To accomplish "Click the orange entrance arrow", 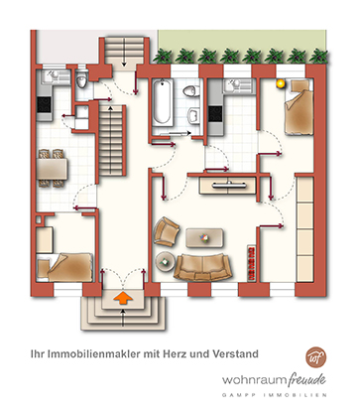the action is [x=123, y=298].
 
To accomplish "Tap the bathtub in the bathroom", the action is [x=163, y=102].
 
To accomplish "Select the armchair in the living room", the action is [x=166, y=231].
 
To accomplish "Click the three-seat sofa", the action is [x=202, y=267].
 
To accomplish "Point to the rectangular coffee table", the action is [x=204, y=238].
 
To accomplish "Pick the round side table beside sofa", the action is [x=166, y=262].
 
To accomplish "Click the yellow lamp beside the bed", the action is [x=281, y=84].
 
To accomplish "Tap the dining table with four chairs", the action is [x=52, y=169].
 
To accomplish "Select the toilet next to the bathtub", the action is [x=191, y=91].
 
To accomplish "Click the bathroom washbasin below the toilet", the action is [x=194, y=115].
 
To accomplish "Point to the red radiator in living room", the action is [x=252, y=263].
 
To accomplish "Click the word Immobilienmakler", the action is [x=94, y=353].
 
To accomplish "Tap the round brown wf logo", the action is [x=315, y=357].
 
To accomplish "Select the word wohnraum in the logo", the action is [x=254, y=379].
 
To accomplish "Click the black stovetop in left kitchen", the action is [x=45, y=104].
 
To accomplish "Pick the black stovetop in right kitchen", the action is [x=215, y=113].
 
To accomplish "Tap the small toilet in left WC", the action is [x=81, y=80].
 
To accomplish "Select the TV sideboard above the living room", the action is [x=228, y=186].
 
